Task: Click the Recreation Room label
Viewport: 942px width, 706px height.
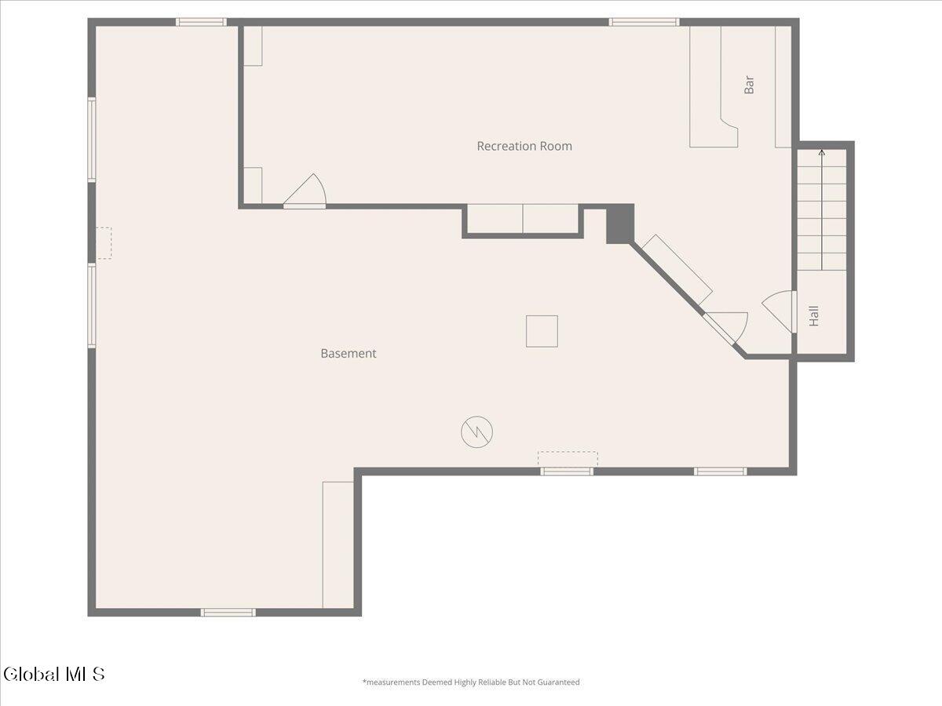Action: (524, 146)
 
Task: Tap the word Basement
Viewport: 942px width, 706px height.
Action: (348, 353)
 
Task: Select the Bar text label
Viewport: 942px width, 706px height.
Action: (749, 85)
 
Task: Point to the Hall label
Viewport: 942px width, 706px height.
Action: (814, 316)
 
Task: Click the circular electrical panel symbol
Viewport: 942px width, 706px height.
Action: (476, 432)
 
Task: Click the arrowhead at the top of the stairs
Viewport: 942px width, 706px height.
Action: (822, 152)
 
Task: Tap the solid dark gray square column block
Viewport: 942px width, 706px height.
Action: (619, 224)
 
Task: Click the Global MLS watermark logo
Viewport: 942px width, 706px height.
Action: (53, 674)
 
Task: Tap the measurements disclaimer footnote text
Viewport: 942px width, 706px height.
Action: (471, 682)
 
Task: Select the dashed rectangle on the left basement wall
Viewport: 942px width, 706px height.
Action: (104, 243)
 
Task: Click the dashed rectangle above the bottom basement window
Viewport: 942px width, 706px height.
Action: (568, 458)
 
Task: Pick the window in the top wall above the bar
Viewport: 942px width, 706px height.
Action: (644, 22)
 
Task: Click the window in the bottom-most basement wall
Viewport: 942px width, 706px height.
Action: (228, 612)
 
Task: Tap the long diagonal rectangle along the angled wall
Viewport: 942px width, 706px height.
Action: (677, 270)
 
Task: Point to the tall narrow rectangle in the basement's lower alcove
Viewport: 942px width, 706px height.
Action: (338, 544)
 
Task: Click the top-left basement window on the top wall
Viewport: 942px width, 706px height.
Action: (201, 22)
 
